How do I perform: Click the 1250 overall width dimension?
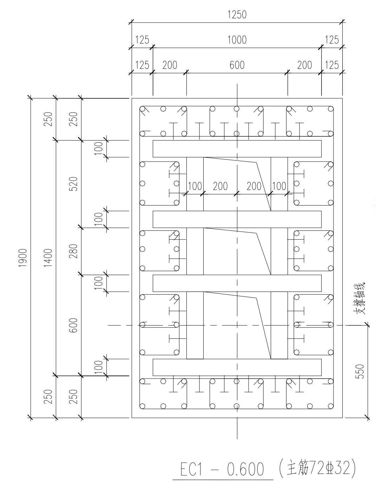click(x=237, y=15)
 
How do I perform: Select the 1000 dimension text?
click(x=237, y=40)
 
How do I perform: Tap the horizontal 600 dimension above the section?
click(x=237, y=65)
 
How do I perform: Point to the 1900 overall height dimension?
click(x=23, y=258)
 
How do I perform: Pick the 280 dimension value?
click(x=73, y=251)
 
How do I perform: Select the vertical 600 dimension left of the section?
click(x=73, y=326)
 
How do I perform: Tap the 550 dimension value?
click(x=360, y=371)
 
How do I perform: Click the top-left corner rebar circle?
click(x=143, y=109)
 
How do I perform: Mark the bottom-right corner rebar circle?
click(x=330, y=406)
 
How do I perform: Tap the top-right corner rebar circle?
click(x=330, y=109)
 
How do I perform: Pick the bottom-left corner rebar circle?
click(x=143, y=406)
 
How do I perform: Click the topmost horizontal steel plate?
click(x=237, y=149)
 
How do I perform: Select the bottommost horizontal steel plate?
click(x=237, y=367)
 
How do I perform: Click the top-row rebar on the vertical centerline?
click(x=237, y=109)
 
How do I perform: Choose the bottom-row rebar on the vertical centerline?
click(x=237, y=406)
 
